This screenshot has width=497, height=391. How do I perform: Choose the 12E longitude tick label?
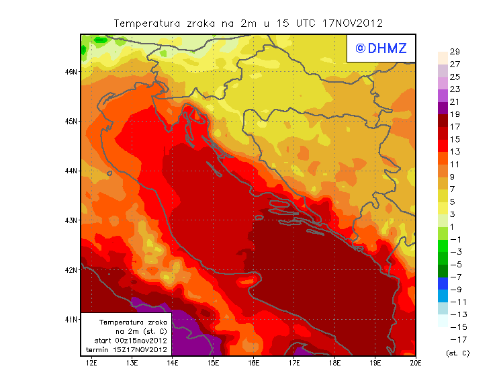click(91, 363)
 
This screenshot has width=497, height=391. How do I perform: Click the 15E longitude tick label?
click(213, 363)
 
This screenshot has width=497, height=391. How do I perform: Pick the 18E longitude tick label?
click(334, 363)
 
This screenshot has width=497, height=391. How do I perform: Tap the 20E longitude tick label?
click(415, 363)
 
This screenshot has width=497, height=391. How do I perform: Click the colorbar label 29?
click(454, 52)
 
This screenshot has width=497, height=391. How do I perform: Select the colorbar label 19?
click(454, 114)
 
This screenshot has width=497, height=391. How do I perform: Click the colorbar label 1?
click(454, 227)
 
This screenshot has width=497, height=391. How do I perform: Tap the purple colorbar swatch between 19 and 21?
click(443, 108)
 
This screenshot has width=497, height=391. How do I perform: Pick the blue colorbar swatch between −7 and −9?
click(443, 283)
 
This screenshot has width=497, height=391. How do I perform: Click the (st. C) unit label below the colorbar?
click(457, 353)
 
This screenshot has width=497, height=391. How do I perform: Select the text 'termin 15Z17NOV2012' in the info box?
click(126, 350)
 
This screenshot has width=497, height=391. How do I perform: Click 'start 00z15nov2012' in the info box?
click(126, 341)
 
